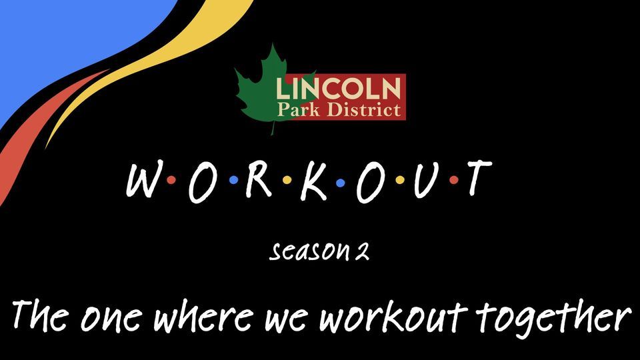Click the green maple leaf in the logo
tap(257, 93)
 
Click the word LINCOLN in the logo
tap(339, 88)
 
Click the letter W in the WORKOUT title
tap(141, 180)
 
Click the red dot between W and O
tap(171, 180)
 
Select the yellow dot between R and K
tap(286, 180)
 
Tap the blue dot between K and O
tap(341, 181)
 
